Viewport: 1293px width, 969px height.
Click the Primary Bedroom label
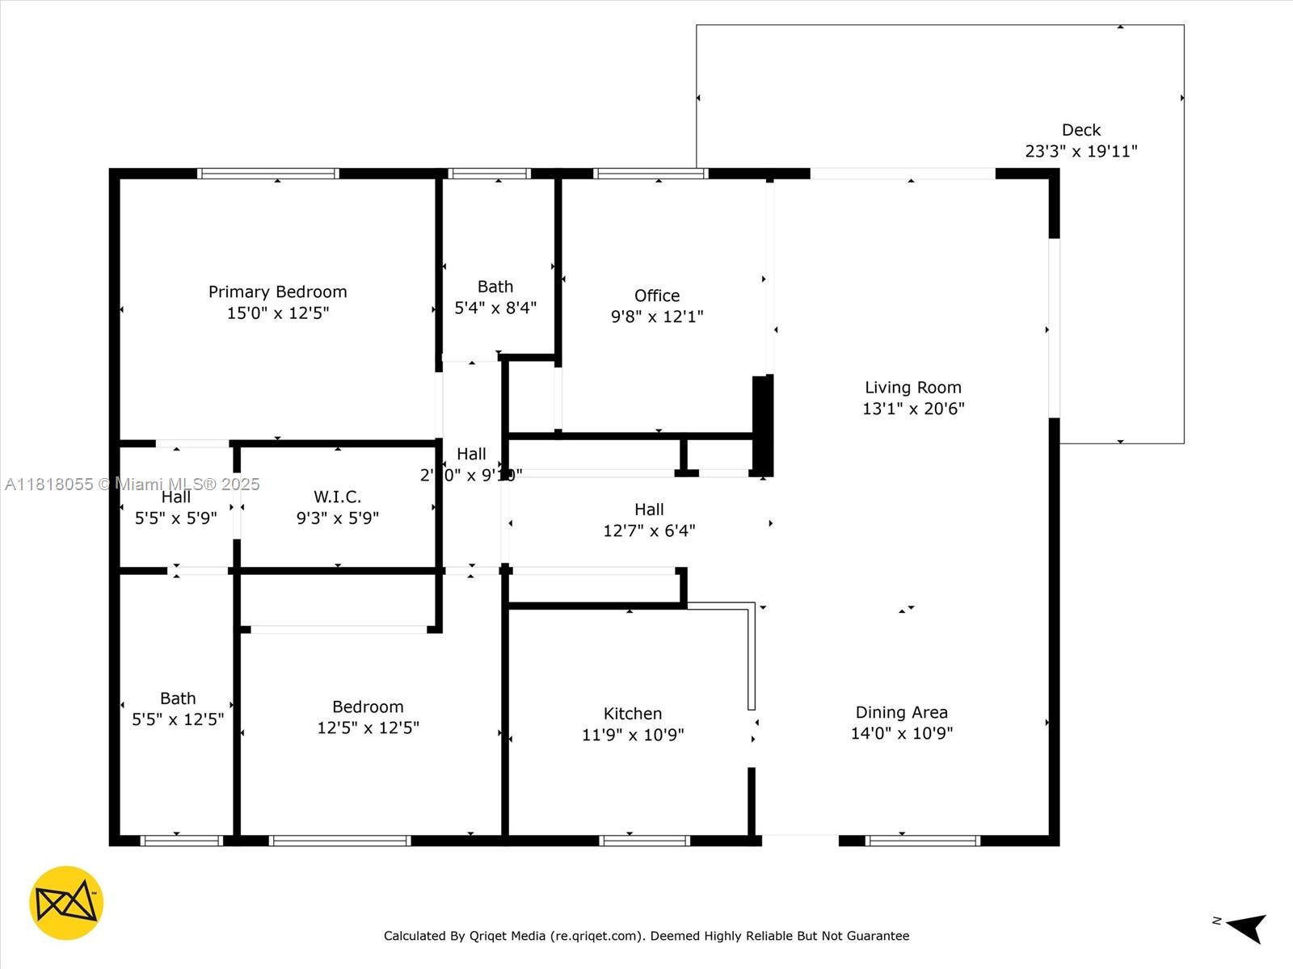277,292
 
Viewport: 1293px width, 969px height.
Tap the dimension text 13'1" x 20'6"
913,409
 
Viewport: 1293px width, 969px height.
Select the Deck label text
1081,130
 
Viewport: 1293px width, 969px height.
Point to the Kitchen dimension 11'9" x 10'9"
633,735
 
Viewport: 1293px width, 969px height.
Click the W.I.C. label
337,497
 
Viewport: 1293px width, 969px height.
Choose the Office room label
656,296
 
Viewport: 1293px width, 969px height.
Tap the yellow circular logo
66,903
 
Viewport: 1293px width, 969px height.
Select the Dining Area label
901,712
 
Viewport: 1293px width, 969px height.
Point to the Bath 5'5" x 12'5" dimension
178,719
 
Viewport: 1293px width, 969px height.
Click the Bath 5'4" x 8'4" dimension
495,308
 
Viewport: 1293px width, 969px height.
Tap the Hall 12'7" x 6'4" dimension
649,531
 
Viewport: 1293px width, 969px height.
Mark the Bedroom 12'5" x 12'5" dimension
368,728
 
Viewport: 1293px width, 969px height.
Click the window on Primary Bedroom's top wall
267,173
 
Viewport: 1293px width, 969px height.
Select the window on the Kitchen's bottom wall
644,841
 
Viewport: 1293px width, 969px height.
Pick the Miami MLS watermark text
133,484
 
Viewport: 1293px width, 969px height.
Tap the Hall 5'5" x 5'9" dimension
175,518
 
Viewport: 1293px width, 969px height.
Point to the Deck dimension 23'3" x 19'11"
1081,151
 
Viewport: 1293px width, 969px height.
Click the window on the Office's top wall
651,173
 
